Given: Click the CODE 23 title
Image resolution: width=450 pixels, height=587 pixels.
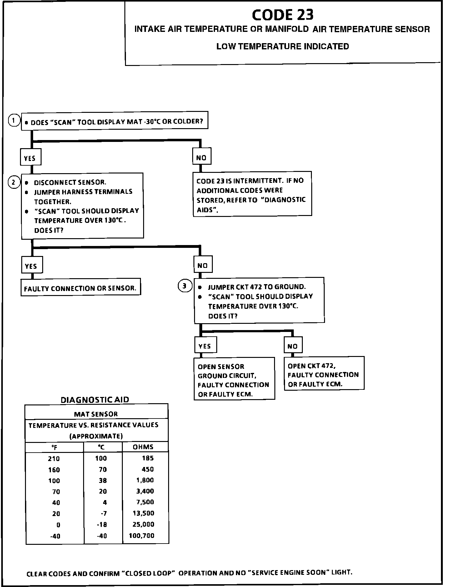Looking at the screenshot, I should click(282, 15).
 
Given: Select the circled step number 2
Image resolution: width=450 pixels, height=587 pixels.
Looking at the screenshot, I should click(14, 182).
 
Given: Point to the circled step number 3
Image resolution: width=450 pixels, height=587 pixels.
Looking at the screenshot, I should click(185, 286).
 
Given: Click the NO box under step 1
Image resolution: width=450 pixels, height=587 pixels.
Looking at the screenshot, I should click(202, 158).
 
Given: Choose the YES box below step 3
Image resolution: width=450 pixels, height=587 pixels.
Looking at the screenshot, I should click(205, 346).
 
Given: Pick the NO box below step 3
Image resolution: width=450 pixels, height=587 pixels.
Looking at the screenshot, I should click(293, 346).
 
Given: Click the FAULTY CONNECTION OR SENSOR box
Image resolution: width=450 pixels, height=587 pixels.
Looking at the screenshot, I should click(81, 288).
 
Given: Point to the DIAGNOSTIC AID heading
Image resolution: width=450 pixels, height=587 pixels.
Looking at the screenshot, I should click(95, 399).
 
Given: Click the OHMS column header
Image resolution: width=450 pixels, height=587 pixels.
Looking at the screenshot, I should click(143, 447).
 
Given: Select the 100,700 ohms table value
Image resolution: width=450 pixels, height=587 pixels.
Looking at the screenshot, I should click(142, 535).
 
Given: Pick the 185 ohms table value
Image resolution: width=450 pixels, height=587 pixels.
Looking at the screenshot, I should click(147, 458).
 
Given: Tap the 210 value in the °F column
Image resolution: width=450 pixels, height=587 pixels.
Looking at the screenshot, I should click(54, 458).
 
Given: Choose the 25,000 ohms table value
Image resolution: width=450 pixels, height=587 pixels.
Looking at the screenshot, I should click(143, 524).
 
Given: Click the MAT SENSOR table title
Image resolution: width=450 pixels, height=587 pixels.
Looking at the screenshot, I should click(96, 414).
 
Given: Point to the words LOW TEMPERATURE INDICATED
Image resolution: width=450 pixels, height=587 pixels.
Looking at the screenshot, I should click(282, 46).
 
